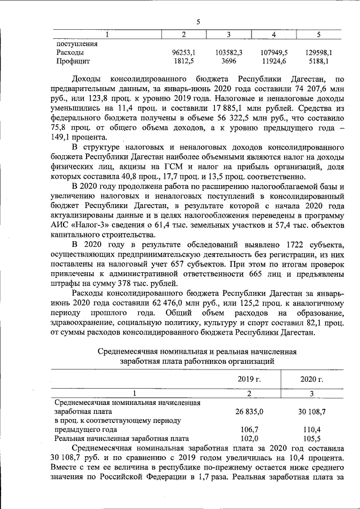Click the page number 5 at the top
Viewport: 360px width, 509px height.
pos(198,22)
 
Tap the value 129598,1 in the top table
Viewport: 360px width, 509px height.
pos(318,52)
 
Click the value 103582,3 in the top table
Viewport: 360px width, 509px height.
pos(228,52)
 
